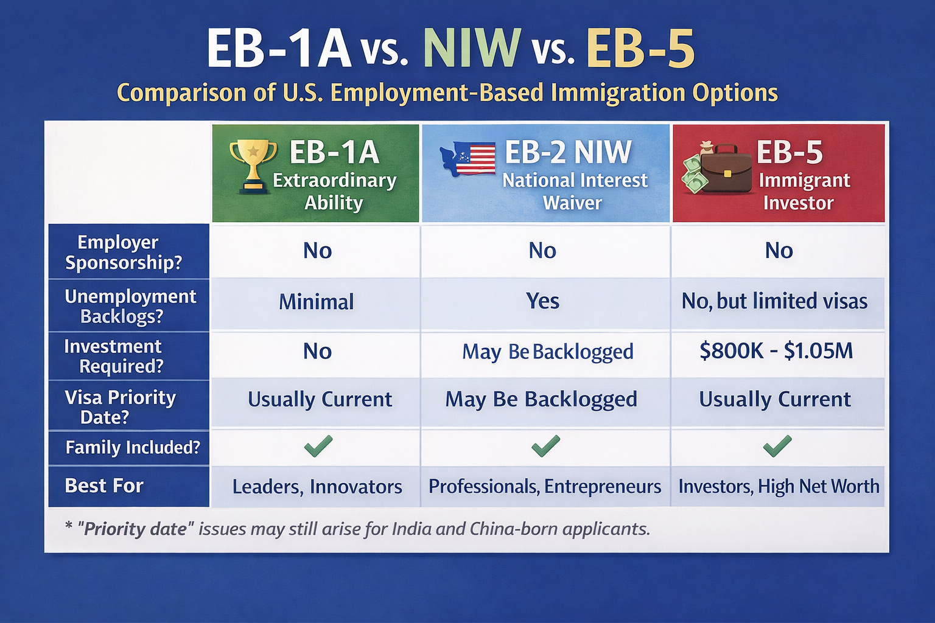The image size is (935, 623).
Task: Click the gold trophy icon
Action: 253,166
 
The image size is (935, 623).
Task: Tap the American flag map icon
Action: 468,158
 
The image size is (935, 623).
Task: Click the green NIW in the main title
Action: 472,49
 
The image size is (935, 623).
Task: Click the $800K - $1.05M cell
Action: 776,351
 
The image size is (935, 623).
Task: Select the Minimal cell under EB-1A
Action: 316,302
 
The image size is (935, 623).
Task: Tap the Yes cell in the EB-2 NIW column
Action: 542,301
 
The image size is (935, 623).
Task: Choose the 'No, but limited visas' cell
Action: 774,301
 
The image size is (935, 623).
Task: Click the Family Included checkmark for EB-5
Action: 777,446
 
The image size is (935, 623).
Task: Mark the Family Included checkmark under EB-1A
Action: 318,446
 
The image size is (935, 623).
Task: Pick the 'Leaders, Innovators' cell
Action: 317,487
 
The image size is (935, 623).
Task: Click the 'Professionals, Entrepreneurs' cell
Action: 544,487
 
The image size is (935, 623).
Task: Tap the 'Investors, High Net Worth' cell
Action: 779,487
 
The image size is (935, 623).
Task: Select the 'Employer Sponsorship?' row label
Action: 124,252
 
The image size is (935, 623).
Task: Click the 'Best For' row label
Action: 104,486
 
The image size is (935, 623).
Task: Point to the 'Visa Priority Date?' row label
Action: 120,406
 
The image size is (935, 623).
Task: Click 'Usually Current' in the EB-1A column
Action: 320,399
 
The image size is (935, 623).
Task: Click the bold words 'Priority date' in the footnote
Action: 135,529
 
